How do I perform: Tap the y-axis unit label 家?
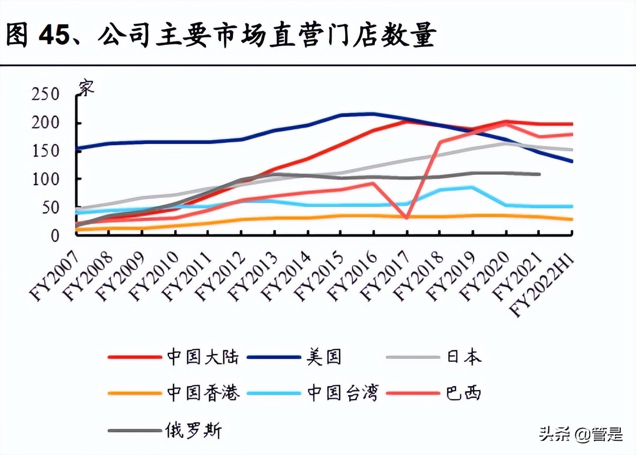tap(86, 88)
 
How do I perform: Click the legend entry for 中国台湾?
tap(342, 392)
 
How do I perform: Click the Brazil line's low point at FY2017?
tap(407, 217)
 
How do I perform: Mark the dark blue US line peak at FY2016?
tap(373, 114)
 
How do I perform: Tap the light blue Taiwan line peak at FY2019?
tap(472, 188)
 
